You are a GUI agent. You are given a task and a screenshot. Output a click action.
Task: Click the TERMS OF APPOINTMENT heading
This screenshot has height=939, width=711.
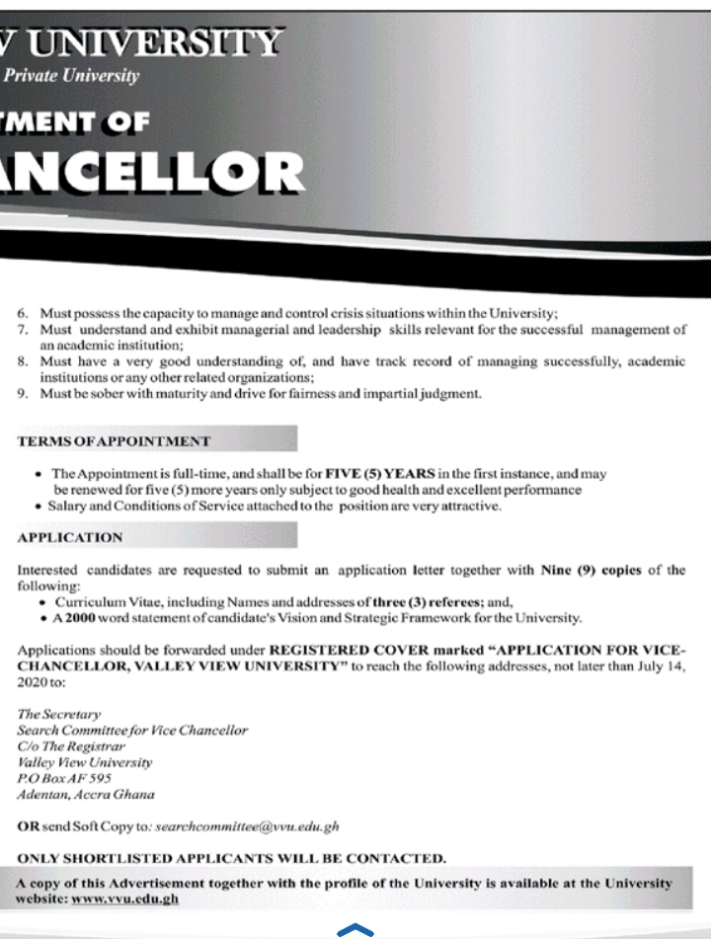(114, 440)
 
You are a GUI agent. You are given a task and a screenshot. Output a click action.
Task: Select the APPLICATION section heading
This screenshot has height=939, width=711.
(70, 537)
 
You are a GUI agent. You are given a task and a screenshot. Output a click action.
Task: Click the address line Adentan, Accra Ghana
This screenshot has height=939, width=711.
(86, 794)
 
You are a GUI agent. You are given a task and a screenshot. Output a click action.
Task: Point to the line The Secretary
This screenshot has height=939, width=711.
(59, 714)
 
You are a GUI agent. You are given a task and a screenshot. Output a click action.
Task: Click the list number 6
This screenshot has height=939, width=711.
(23, 313)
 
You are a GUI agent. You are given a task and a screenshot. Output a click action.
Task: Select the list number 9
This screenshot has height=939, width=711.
(23, 394)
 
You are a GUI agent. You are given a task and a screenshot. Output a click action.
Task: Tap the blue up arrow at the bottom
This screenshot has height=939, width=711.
(355, 929)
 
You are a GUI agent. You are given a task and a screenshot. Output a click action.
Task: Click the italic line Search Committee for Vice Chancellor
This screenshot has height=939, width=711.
(132, 730)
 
